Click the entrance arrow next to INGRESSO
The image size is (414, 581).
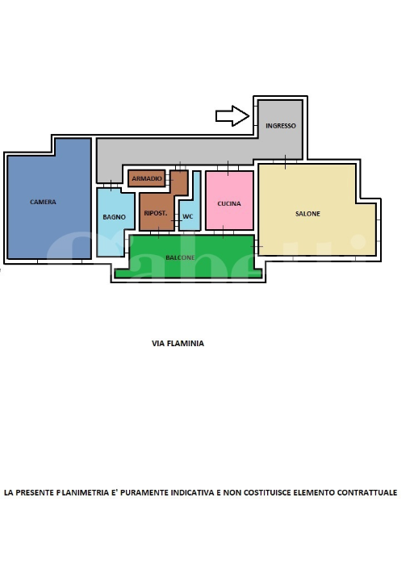point(232,116)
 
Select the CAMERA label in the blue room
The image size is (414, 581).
point(44,202)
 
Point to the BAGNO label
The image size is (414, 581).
point(114,217)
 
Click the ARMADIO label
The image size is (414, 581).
point(147,178)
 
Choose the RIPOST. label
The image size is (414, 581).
point(155,214)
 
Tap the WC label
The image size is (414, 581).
point(188,216)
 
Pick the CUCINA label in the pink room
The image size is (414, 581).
point(229,203)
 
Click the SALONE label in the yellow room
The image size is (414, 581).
point(307,214)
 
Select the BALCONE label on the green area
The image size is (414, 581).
point(179,257)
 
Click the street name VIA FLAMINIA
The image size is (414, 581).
point(178,343)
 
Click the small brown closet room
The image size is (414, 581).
point(147,178)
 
